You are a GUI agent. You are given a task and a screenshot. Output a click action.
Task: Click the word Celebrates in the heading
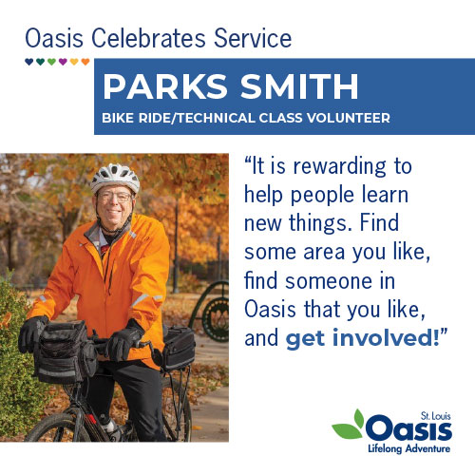click(x=148, y=38)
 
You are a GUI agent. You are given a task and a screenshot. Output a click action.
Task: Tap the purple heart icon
click(x=63, y=62)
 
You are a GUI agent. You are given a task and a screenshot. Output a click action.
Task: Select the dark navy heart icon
click(x=28, y=62)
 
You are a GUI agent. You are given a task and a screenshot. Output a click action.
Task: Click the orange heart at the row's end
click(x=85, y=62)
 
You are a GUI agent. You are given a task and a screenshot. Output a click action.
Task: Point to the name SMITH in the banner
click(x=299, y=86)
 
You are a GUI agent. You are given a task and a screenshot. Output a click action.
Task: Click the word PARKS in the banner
click(x=165, y=86)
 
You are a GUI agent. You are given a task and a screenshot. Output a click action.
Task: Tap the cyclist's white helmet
click(x=115, y=178)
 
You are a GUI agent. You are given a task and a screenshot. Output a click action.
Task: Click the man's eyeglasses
click(x=115, y=198)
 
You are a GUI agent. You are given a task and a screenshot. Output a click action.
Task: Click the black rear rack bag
click(x=179, y=348)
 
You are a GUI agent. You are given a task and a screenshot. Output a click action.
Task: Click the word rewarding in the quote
click(x=339, y=167)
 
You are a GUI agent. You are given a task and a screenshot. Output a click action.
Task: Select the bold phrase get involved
click(x=363, y=338)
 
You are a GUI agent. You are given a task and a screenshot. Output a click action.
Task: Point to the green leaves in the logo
click(x=349, y=425)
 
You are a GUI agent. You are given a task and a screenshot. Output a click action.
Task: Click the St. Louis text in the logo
click(x=435, y=416)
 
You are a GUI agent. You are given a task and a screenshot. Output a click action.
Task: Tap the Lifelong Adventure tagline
click(x=408, y=448)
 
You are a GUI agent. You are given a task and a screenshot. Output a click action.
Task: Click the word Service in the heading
click(x=253, y=38)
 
